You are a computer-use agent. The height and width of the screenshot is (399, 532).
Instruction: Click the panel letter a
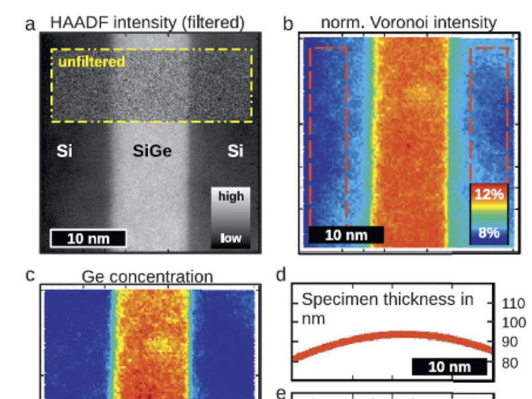pyautogui.click(x=29, y=25)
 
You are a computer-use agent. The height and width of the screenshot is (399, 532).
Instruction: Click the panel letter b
pyautogui.click(x=288, y=25)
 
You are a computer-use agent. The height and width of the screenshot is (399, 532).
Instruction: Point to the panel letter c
pyautogui.click(x=29, y=274)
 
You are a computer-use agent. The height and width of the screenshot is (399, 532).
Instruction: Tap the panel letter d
pyautogui.click(x=281, y=275)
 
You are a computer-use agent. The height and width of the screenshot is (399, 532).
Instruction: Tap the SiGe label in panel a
pyautogui.click(x=152, y=152)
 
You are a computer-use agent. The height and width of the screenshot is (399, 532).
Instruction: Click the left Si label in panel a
pyautogui.click(x=64, y=152)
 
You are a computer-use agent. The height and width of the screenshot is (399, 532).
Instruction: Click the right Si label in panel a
pyautogui.click(x=235, y=152)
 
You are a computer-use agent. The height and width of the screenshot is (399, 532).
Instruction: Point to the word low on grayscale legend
pyautogui.click(x=231, y=238)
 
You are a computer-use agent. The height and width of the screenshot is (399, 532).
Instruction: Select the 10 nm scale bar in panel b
pyautogui.click(x=345, y=235)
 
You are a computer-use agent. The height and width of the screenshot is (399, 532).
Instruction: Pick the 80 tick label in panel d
pyautogui.click(x=509, y=362)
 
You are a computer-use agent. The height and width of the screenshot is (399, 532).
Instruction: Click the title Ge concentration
pyautogui.click(x=147, y=277)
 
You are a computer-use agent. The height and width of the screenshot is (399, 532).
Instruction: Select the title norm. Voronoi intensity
pyautogui.click(x=408, y=23)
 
